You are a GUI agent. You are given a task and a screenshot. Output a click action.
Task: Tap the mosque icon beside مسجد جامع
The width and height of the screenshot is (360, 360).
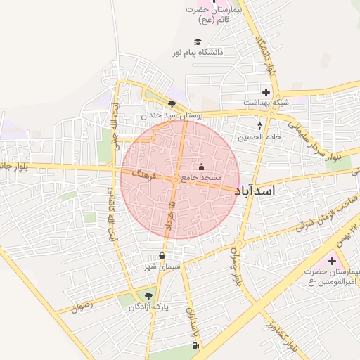(x=202, y=167)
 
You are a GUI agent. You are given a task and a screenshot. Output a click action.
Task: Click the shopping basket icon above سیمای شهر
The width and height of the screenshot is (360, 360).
(x=163, y=255)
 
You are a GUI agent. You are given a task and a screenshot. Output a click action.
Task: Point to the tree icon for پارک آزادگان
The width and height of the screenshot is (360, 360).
(x=148, y=296)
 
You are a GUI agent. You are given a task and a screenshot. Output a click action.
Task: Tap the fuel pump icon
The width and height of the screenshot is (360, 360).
(x=195, y=345)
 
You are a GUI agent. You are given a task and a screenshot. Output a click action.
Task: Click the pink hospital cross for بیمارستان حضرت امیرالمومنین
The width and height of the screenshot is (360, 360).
(x=331, y=261)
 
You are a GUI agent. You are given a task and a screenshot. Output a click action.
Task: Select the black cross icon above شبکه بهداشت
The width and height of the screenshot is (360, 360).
(x=266, y=91)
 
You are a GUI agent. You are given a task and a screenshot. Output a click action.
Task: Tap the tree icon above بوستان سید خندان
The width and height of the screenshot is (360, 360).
(x=172, y=103)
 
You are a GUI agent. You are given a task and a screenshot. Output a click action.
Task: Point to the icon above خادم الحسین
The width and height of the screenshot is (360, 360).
(x=260, y=127)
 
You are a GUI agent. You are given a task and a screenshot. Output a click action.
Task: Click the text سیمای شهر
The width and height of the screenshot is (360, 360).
(x=162, y=266)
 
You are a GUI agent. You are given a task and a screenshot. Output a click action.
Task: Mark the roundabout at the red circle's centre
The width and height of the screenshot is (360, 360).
(x=175, y=180)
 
